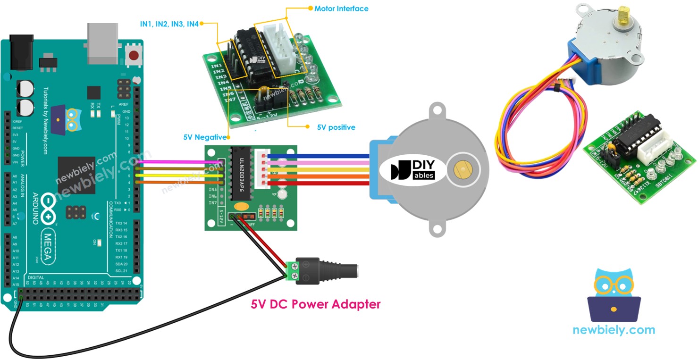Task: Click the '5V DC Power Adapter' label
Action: [315, 304]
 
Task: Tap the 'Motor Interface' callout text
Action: [341, 8]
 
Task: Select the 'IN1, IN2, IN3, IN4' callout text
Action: [169, 23]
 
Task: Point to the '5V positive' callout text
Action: [336, 127]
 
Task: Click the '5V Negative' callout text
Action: [205, 137]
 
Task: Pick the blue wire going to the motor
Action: [321, 156]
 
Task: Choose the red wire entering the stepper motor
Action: [321, 183]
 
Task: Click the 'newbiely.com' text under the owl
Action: [614, 330]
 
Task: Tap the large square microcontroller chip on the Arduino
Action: [76, 175]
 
